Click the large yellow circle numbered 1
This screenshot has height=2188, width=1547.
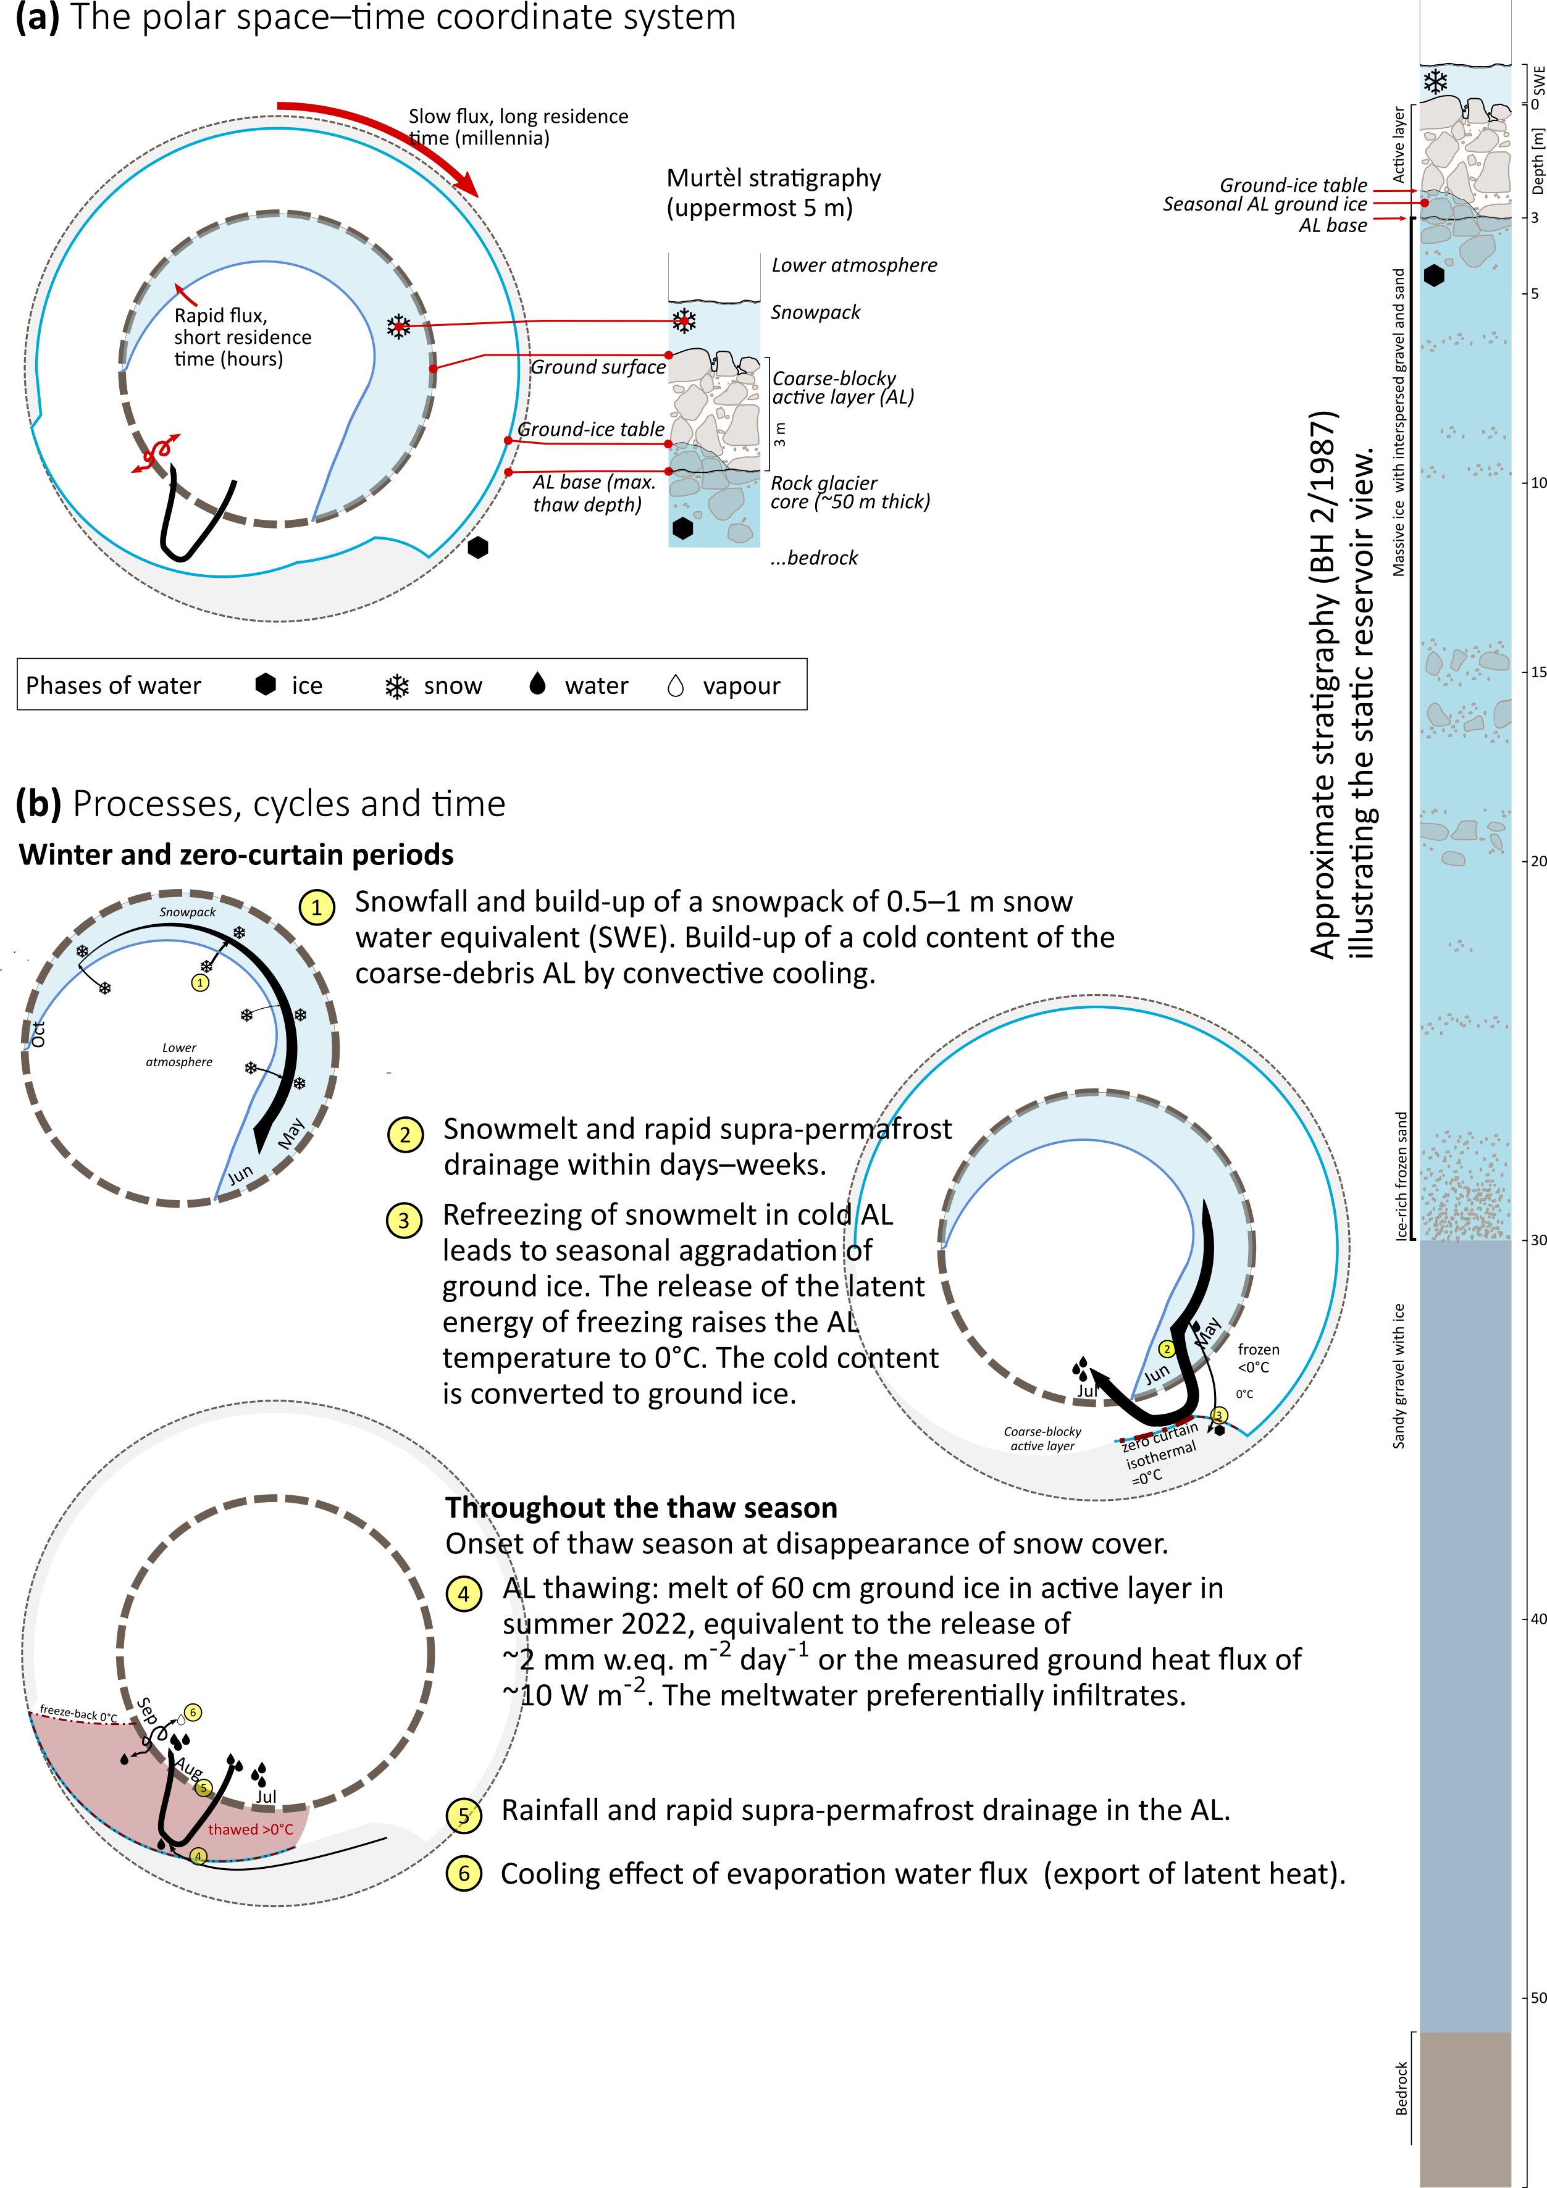point(316,906)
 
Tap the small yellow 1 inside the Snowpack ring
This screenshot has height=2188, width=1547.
point(199,982)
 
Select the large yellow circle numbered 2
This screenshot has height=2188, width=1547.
point(405,1134)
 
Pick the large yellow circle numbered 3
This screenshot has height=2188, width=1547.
point(404,1220)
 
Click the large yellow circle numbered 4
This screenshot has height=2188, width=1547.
point(463,1593)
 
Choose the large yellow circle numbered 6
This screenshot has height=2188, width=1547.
point(463,1874)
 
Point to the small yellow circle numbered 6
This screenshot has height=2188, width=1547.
point(193,1713)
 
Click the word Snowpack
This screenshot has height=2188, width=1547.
point(187,912)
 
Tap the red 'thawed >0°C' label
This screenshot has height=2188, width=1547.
point(251,1830)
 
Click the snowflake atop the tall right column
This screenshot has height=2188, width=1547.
point(1435,82)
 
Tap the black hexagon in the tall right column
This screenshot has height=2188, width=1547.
point(1433,275)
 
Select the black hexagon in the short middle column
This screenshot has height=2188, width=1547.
point(682,528)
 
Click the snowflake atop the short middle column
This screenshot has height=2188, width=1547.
point(684,320)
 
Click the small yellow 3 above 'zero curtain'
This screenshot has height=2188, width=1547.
point(1218,1415)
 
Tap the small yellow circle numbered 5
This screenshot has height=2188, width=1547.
point(203,1788)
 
